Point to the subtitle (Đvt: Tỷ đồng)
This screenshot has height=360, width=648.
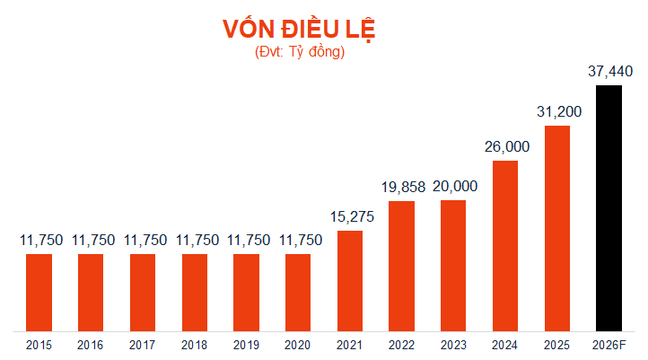coord(299,52)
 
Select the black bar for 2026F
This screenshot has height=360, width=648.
coord(609,207)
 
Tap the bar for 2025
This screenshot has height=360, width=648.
coord(557,228)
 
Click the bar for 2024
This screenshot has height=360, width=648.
coord(505,245)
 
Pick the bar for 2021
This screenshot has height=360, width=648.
coord(350,280)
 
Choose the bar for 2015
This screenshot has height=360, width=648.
coord(39,292)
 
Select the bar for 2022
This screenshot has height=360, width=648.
coord(402,265)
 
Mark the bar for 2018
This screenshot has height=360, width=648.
coord(195,292)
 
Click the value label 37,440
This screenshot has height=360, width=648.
coord(609,71)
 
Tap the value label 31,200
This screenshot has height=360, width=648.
coord(558,111)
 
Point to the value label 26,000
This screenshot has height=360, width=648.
coord(506,146)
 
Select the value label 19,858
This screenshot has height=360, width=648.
coord(400,187)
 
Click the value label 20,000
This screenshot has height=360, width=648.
coord(454,187)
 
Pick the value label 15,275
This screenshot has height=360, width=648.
coord(350,216)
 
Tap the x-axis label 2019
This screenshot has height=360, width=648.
coord(246,345)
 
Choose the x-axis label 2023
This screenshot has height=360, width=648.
coord(453,345)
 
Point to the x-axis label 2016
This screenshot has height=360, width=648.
coord(91,345)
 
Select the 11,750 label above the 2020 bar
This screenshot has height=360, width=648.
coord(298,240)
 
